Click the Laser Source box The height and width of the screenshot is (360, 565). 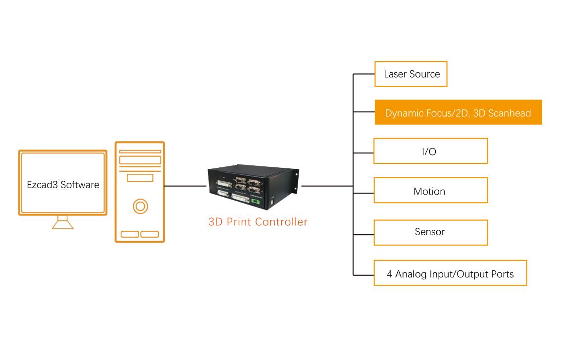(411, 74)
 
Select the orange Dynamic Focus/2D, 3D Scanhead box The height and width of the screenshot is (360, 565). (459, 112)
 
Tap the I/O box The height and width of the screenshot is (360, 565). (431, 151)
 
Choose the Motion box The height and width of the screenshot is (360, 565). (431, 190)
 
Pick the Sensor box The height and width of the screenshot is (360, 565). (431, 232)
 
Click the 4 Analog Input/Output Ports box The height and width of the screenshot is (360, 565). (450, 273)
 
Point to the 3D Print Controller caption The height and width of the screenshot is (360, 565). (258, 222)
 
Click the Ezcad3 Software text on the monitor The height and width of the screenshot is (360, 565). (63, 185)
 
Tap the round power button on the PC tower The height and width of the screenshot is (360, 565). (140, 206)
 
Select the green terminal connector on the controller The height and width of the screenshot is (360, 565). (256, 201)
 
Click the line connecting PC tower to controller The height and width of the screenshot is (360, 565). (186, 186)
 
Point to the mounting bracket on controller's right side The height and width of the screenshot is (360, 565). (297, 182)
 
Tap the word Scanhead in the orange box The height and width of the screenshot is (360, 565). (510, 113)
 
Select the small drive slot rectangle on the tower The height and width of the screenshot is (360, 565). (140, 178)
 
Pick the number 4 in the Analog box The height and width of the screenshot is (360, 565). (390, 274)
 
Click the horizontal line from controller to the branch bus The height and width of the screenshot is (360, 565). (327, 186)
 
